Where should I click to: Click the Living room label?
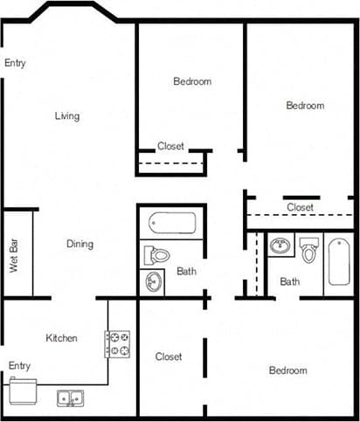pyautogui.click(x=67, y=116)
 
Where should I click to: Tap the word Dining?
pyautogui.click(x=80, y=244)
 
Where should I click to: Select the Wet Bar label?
pyautogui.click(x=15, y=254)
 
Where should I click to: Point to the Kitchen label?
pyautogui.click(x=62, y=338)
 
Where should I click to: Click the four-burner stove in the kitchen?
pyautogui.click(x=118, y=343)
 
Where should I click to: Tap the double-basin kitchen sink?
pyautogui.click(x=70, y=398)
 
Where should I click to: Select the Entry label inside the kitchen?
pyautogui.click(x=19, y=365)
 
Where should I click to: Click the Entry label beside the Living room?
pyautogui.click(x=15, y=63)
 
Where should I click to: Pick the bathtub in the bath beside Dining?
pyautogui.click(x=171, y=222)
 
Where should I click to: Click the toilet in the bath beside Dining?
pyautogui.click(x=157, y=255)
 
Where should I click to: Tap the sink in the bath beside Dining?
pyautogui.click(x=152, y=283)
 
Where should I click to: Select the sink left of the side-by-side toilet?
pyautogui.click(x=280, y=246)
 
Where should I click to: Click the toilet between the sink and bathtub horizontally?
pyautogui.click(x=309, y=250)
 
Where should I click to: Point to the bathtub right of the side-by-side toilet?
pyautogui.click(x=338, y=263)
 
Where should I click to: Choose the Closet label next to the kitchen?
pyautogui.click(x=169, y=356)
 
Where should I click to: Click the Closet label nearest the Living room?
pyautogui.click(x=170, y=146)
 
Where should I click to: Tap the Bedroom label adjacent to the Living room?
pyautogui.click(x=192, y=81)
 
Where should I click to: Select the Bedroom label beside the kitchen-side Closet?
pyautogui.click(x=287, y=370)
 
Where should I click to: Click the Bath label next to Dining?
pyautogui.click(x=187, y=272)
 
